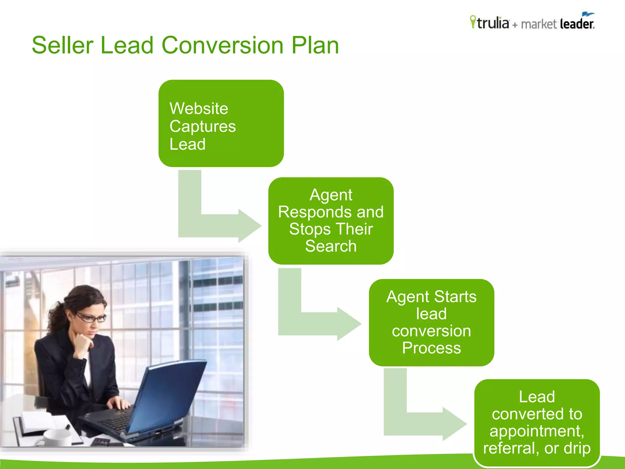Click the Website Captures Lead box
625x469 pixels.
click(221, 123)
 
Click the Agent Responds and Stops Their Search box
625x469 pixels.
click(331, 221)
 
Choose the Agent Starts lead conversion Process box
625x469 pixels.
click(431, 322)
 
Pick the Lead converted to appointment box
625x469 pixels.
click(537, 423)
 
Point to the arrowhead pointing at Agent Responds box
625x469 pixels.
click(249, 226)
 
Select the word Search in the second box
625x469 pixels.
click(331, 246)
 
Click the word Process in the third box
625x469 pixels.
click(431, 348)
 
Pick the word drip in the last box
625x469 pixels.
click(577, 448)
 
